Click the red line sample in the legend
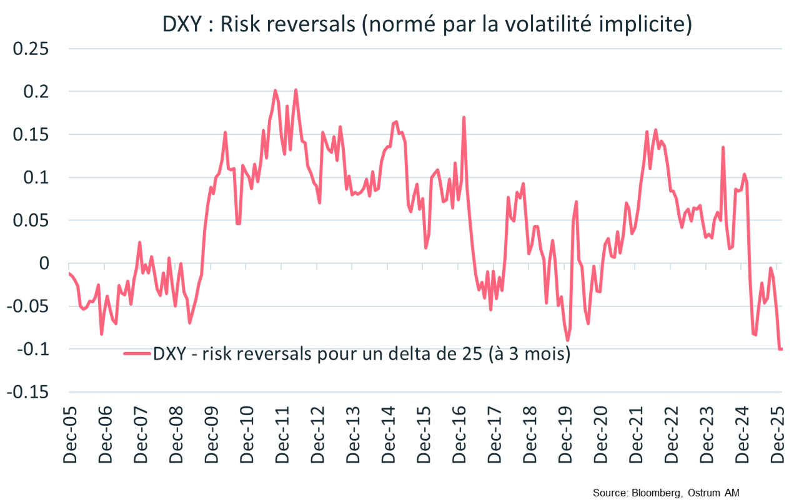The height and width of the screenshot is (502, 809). point(137,353)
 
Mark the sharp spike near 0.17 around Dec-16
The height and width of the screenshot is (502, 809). point(464,117)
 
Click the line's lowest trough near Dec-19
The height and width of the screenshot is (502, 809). point(567,340)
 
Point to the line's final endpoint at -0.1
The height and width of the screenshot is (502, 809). point(781,349)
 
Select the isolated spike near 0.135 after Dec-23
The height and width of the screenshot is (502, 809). point(723,147)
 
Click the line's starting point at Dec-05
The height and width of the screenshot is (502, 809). point(69,273)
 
